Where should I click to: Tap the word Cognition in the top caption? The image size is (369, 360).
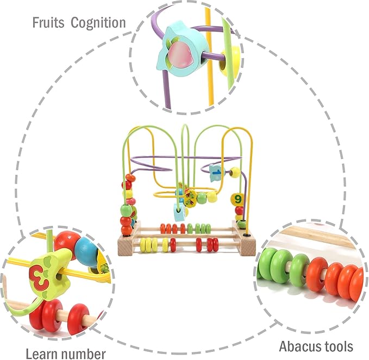(x=98, y=23)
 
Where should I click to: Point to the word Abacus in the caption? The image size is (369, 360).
(x=301, y=346)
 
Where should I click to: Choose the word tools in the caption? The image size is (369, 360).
(x=339, y=346)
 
